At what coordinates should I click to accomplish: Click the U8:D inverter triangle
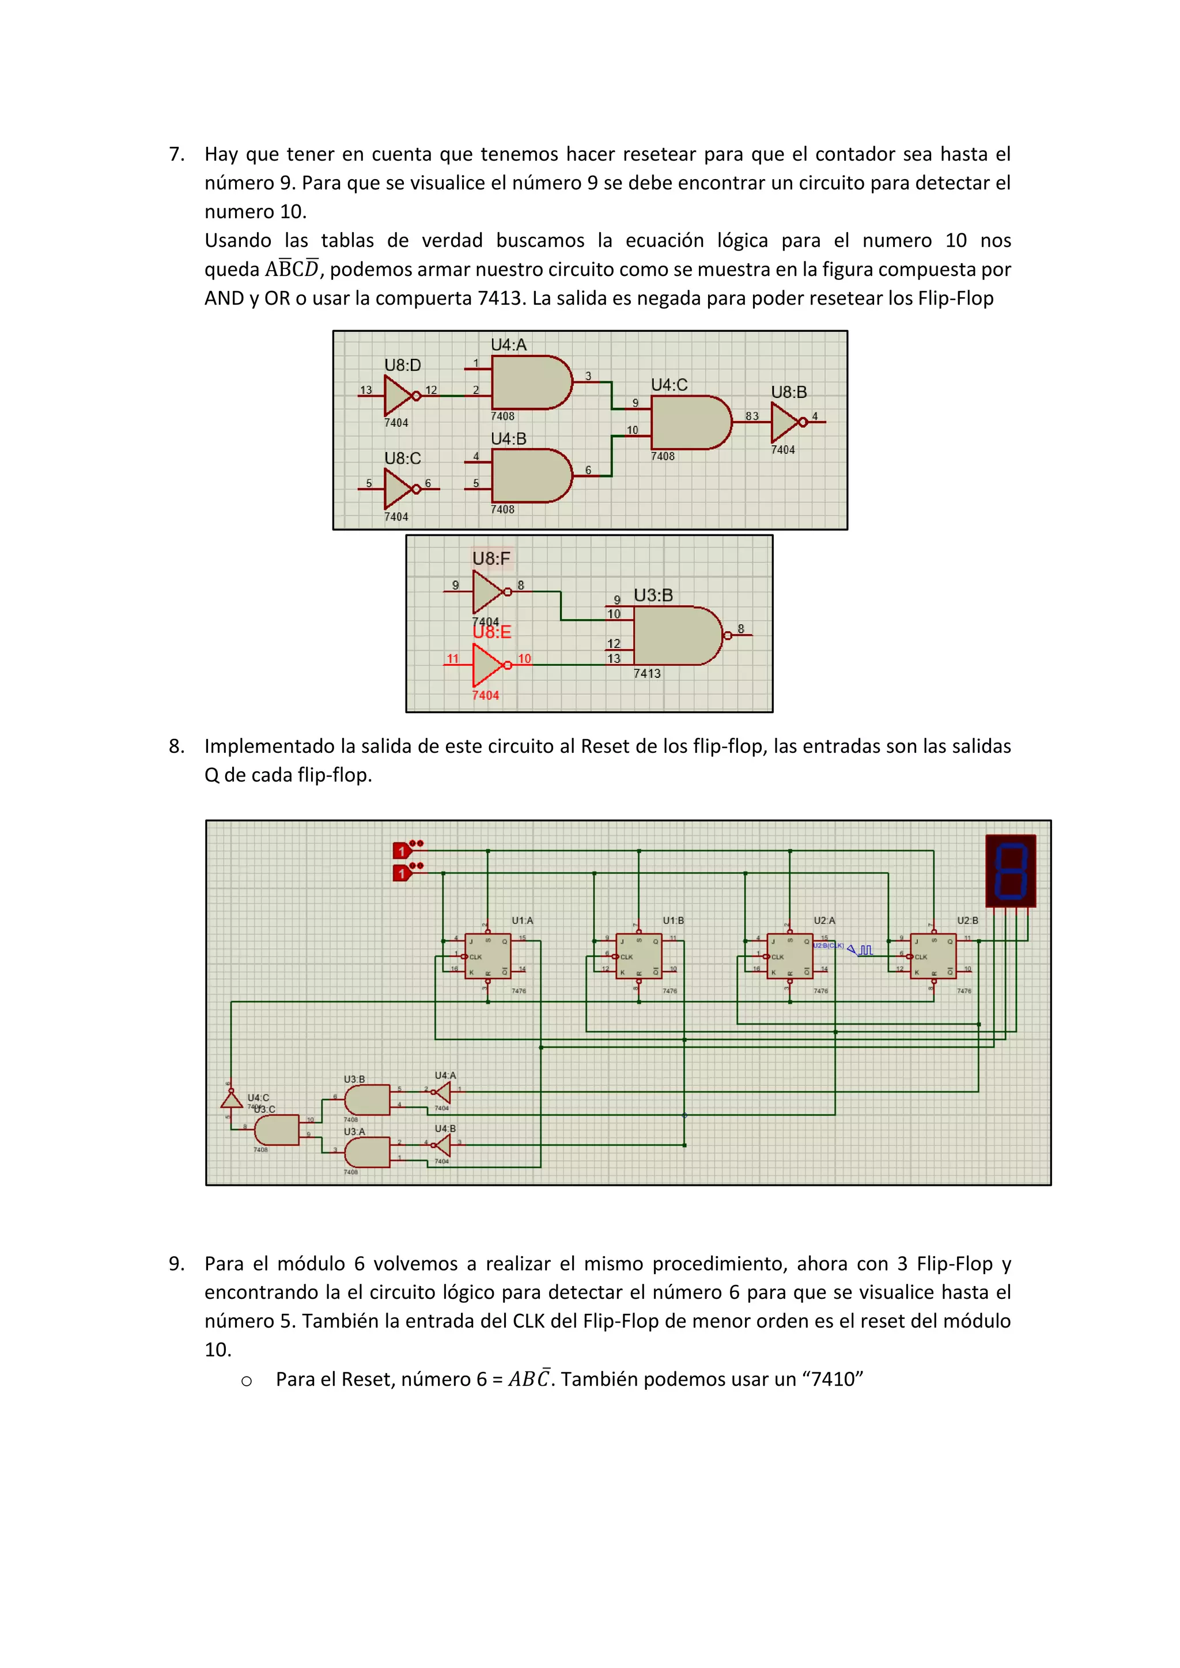point(398,396)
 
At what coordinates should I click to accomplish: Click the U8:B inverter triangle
point(785,422)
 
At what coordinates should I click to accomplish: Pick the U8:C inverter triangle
point(398,489)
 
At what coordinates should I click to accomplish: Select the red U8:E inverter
point(487,665)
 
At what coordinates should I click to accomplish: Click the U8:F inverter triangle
point(487,592)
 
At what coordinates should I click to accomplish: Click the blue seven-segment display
point(1010,871)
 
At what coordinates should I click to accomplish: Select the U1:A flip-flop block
point(487,956)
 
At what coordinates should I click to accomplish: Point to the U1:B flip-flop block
point(638,956)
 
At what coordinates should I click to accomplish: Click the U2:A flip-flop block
point(790,956)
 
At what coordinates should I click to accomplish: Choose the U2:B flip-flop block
point(933,956)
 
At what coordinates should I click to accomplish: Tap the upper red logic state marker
point(401,851)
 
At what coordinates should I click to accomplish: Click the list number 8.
point(176,746)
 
